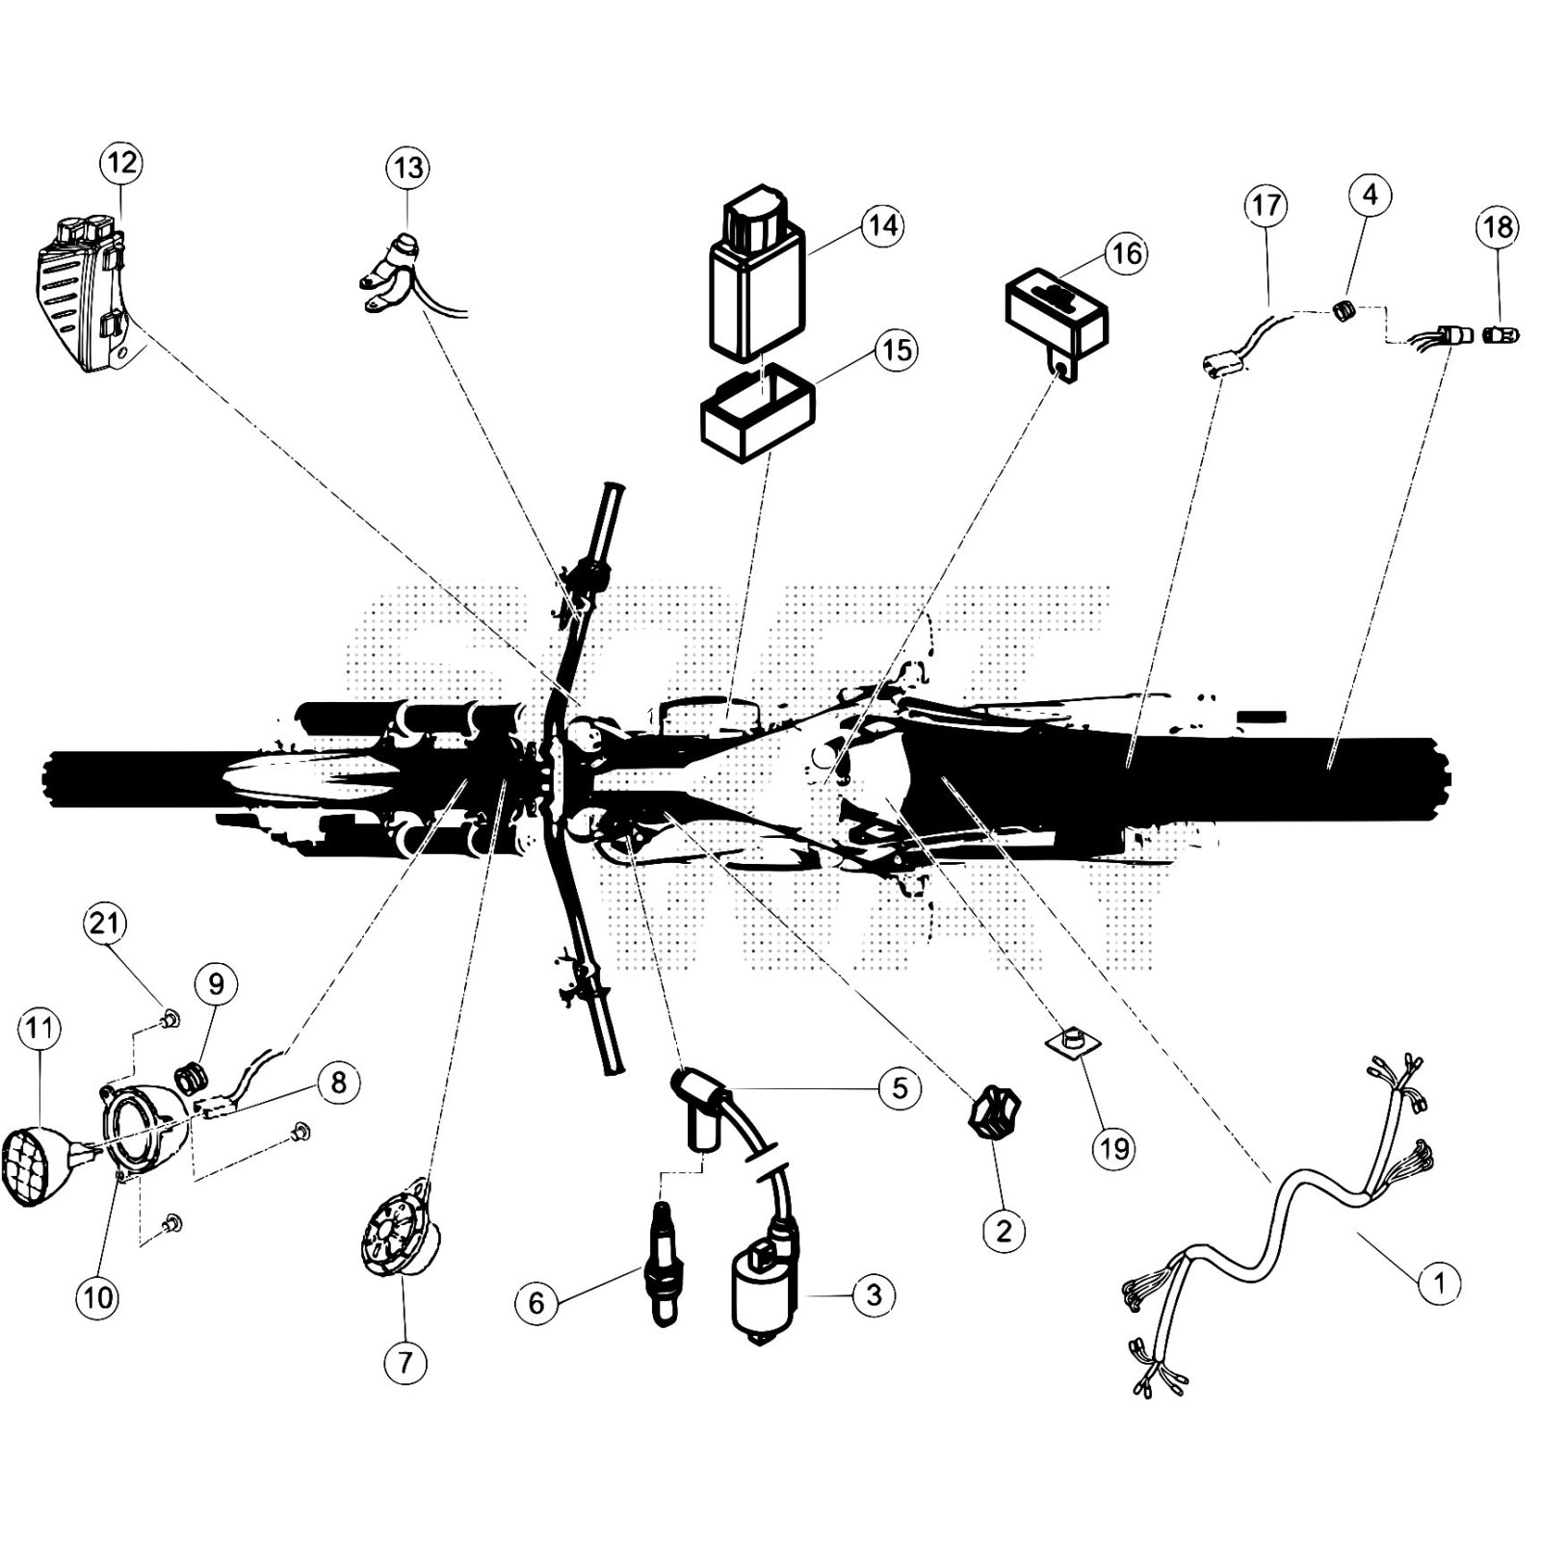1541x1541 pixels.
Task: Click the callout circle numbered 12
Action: coord(121,162)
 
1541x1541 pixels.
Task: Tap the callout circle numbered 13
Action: coord(408,168)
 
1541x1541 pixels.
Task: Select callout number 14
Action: coord(882,225)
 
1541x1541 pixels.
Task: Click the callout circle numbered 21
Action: coord(104,924)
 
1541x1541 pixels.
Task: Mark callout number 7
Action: coord(405,1362)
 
